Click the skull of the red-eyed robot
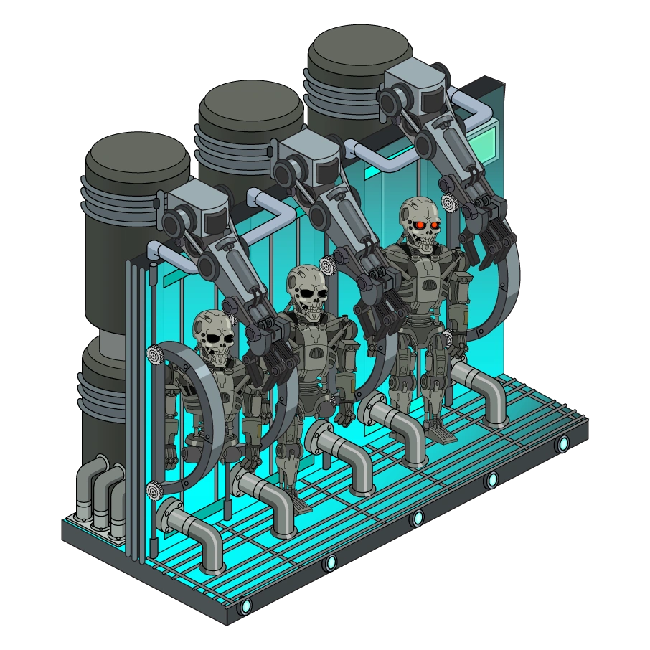pyautogui.click(x=420, y=221)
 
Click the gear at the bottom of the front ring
pyautogui.click(x=153, y=491)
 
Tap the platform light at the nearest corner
pyautogui.click(x=246, y=606)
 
